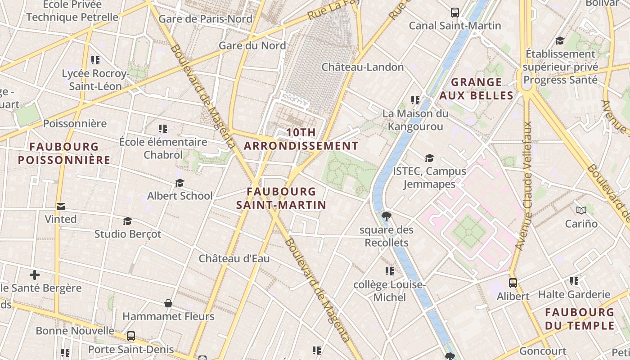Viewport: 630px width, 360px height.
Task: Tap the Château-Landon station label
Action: tap(362, 67)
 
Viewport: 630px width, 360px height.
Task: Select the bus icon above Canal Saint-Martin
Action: tap(455, 12)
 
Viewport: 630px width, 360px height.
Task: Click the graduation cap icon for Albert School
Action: tap(180, 183)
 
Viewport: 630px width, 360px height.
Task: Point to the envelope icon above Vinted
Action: tap(61, 207)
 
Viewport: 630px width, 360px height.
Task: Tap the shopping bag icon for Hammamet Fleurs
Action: tap(168, 303)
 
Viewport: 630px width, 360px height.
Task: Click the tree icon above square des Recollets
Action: tap(386, 216)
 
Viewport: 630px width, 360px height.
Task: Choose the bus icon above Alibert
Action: tap(513, 283)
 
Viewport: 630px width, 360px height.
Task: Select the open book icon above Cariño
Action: tap(581, 210)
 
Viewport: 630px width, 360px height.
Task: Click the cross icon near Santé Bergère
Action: tap(35, 274)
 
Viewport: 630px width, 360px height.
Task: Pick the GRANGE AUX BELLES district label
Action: tap(476, 89)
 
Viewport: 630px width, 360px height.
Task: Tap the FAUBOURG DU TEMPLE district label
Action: tap(580, 319)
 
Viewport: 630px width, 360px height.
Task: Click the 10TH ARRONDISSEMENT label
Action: tap(301, 139)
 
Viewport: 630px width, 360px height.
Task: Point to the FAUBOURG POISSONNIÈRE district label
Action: tap(64, 153)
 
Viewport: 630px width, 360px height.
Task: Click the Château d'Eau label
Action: tap(234, 259)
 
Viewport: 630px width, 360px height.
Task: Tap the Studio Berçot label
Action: tap(127, 234)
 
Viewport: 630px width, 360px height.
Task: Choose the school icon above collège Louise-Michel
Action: tap(390, 271)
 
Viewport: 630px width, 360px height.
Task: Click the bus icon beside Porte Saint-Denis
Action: tap(131, 336)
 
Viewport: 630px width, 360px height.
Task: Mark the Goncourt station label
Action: tap(543, 351)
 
